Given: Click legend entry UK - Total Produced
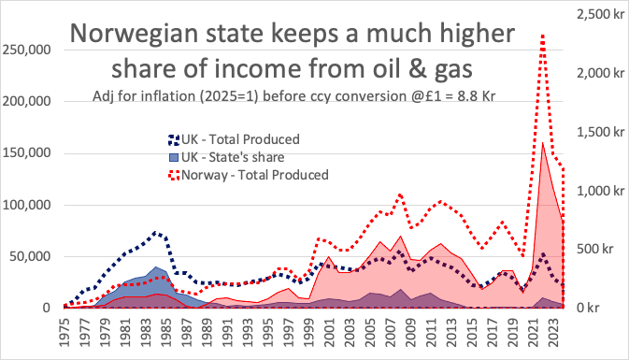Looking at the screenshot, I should pyautogui.click(x=240, y=140).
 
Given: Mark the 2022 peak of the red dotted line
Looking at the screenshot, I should pyautogui.click(x=543, y=36).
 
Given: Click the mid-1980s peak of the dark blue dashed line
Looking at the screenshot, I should pyautogui.click(x=158, y=232).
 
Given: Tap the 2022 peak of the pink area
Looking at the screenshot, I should pyautogui.click(x=543, y=142).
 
